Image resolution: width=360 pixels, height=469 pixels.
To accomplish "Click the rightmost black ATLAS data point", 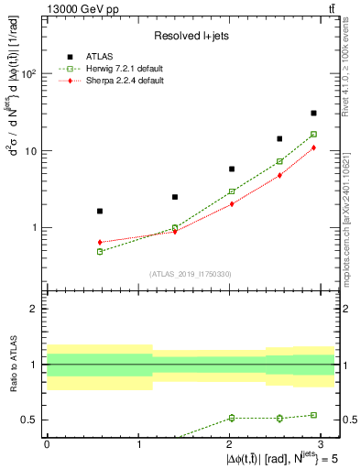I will click(x=313, y=113).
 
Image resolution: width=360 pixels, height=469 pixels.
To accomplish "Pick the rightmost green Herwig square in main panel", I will click(x=313, y=134).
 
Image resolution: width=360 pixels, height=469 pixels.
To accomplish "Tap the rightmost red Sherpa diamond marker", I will click(x=313, y=147).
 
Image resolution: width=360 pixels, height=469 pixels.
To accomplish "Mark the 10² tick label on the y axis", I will click(x=30, y=73).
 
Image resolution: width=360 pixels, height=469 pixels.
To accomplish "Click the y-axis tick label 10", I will click(x=32, y=150).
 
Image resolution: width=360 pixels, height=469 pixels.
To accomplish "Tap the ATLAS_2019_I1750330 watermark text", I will click(x=191, y=273).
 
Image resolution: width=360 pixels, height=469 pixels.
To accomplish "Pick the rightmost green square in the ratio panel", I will click(x=313, y=415).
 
